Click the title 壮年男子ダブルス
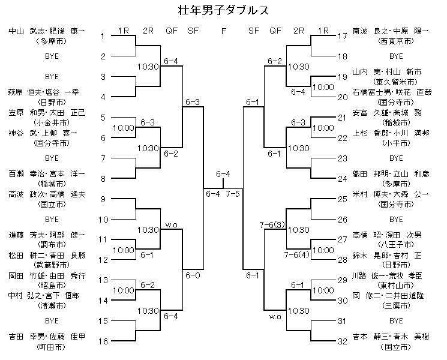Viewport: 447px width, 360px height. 223,10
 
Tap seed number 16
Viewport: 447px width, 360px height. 103,341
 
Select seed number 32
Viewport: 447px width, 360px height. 343,341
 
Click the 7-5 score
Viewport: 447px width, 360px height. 233,194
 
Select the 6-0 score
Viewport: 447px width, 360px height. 193,275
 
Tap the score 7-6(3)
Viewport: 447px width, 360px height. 271,224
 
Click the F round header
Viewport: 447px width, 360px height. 223,31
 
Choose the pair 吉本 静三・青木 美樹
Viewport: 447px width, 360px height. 391,336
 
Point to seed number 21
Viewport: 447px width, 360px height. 343,118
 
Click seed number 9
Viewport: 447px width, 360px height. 103,199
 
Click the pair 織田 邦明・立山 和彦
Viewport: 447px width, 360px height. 391,173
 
